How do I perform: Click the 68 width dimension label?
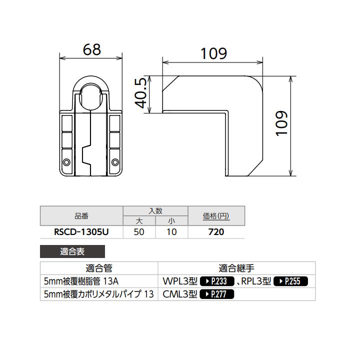[x=91, y=49]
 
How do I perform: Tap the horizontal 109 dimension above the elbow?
[x=213, y=53]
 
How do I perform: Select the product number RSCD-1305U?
[x=81, y=232]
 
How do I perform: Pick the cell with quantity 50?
[x=139, y=232]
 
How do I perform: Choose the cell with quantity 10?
[x=171, y=232]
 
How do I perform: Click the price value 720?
[x=216, y=232]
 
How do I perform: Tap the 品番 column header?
[x=81, y=216]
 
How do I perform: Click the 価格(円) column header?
[x=216, y=216]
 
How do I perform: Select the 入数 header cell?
[x=155, y=211]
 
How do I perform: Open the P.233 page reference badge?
[x=217, y=281]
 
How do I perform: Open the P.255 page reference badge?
[x=290, y=281]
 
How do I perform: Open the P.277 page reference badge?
[x=216, y=294]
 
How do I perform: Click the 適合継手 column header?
[x=236, y=268]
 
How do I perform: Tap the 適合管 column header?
[x=98, y=268]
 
